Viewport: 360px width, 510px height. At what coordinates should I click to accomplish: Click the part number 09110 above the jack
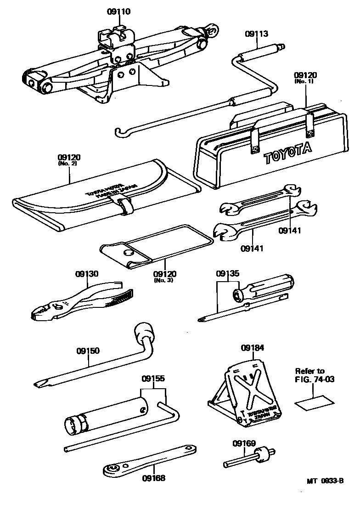(x=119, y=11)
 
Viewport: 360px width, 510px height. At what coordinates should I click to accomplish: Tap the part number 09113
(x=257, y=34)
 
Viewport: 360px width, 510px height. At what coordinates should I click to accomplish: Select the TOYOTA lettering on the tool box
(x=287, y=153)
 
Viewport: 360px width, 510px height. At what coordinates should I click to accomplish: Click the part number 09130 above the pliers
(x=87, y=274)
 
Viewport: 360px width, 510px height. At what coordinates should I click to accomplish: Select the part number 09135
(x=228, y=274)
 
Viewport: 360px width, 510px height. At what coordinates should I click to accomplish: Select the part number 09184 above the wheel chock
(x=253, y=348)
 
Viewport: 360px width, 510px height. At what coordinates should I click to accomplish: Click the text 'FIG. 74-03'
(x=309, y=379)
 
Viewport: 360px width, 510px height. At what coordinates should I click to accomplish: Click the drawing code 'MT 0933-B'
(x=325, y=481)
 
